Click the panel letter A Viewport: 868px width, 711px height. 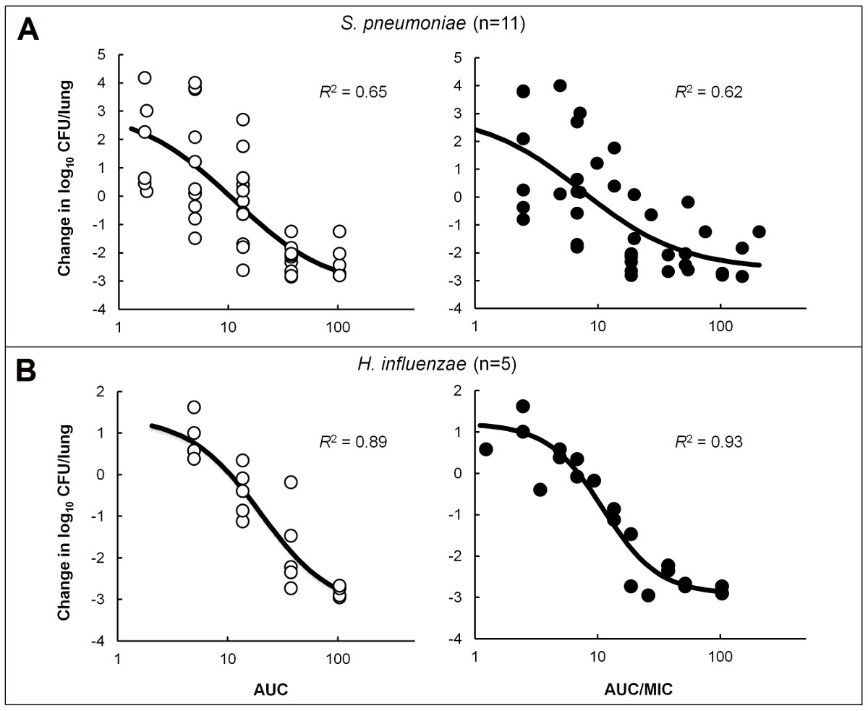28,30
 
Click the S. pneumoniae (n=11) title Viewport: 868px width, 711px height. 433,24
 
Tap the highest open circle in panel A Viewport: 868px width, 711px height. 145,78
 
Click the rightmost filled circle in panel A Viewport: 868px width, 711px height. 759,231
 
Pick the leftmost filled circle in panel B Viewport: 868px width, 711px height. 486,449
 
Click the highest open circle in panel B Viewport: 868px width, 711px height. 194,407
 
